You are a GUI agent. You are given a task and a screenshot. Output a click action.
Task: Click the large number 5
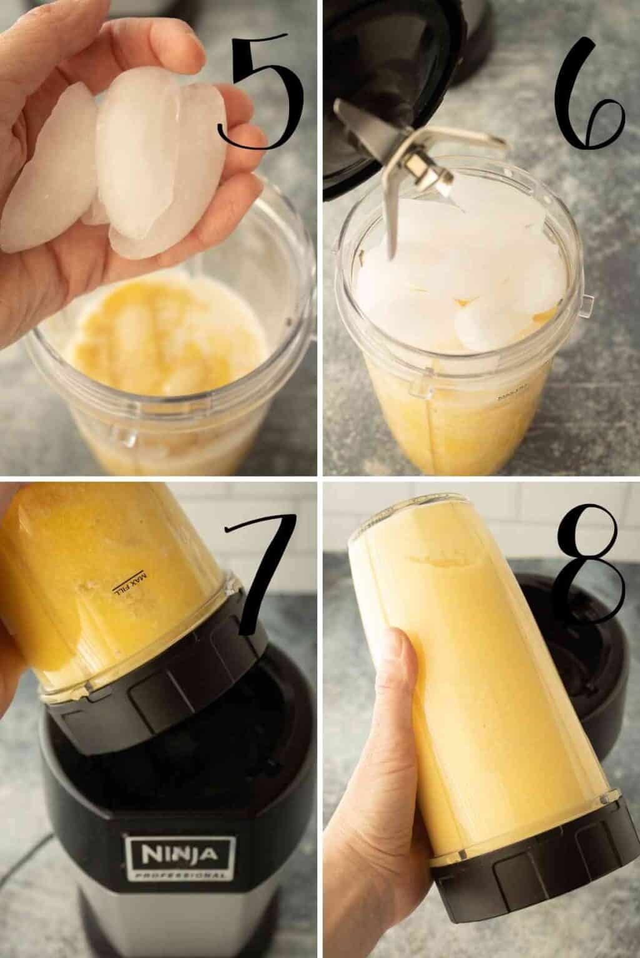262,94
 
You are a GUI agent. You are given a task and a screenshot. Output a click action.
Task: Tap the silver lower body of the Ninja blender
175,923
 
